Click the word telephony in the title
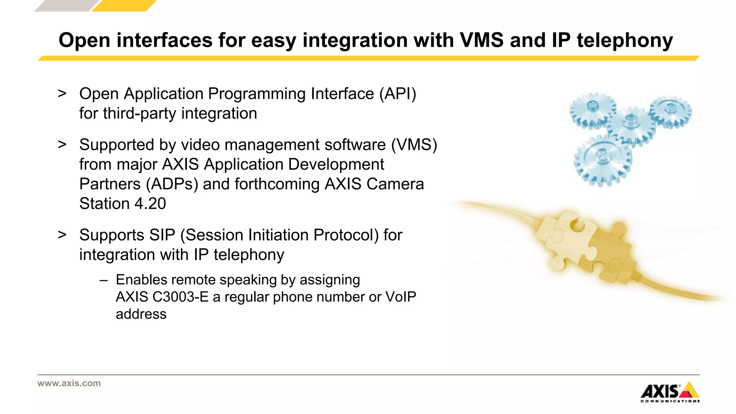click(x=625, y=41)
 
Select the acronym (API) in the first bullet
click(x=397, y=94)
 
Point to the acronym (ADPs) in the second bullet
click(x=172, y=184)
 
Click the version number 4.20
click(x=150, y=204)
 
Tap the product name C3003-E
click(x=180, y=297)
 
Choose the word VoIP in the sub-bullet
click(x=400, y=297)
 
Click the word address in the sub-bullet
click(x=141, y=314)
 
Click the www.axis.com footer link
click(x=69, y=383)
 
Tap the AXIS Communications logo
click(x=670, y=392)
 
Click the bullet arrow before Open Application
click(x=62, y=93)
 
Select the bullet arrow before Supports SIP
click(x=62, y=235)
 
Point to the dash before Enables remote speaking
click(x=104, y=280)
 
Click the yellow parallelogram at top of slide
click(x=124, y=6)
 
